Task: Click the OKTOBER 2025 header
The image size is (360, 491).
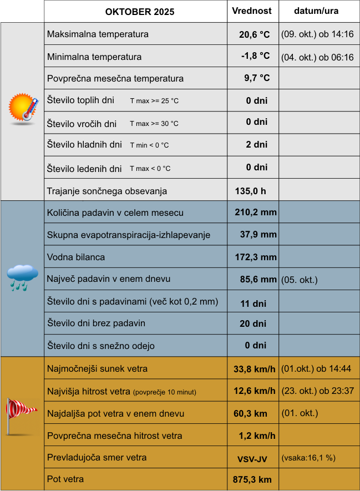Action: point(139,12)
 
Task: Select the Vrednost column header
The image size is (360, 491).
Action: point(252,11)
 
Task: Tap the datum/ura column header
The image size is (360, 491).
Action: point(316,11)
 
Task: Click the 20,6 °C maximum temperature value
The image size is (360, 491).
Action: point(254,34)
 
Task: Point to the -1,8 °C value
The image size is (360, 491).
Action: point(255,56)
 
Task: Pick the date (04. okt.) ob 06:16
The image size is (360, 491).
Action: point(317,57)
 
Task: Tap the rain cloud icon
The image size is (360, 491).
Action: point(22,277)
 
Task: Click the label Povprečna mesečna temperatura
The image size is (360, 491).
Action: point(115,78)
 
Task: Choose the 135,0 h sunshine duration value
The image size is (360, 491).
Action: point(251,191)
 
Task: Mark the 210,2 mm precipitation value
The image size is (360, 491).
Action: point(256,212)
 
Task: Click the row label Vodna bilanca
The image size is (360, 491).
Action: point(76,257)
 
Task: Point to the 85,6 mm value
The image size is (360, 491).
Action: point(258,280)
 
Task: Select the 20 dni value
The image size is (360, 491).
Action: point(252,323)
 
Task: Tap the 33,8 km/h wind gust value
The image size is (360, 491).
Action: point(255,369)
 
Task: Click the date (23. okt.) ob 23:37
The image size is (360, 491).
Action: point(317,391)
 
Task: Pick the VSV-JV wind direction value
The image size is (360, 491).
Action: point(252,458)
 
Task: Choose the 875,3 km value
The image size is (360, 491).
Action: point(252,479)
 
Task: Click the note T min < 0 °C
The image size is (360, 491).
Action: point(149,145)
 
